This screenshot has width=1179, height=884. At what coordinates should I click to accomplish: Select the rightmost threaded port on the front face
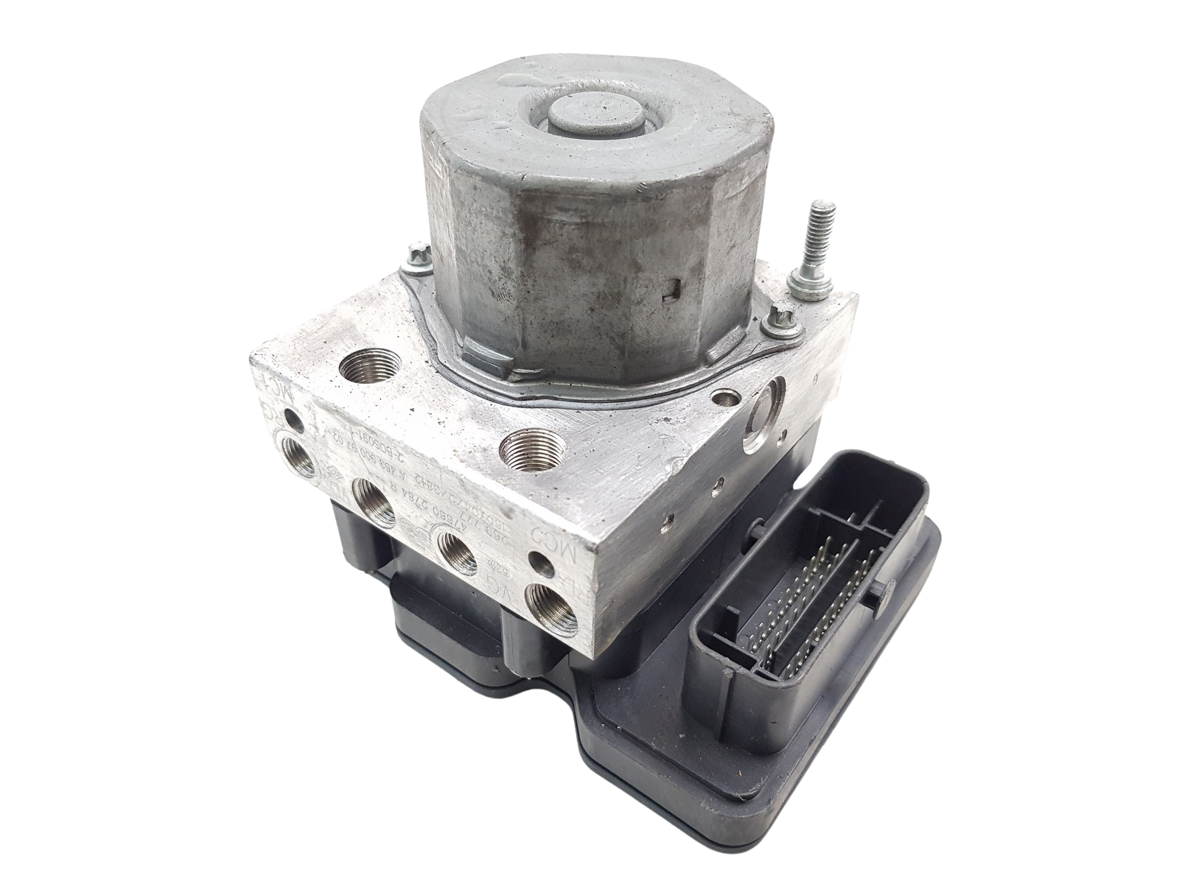tap(545, 586)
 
